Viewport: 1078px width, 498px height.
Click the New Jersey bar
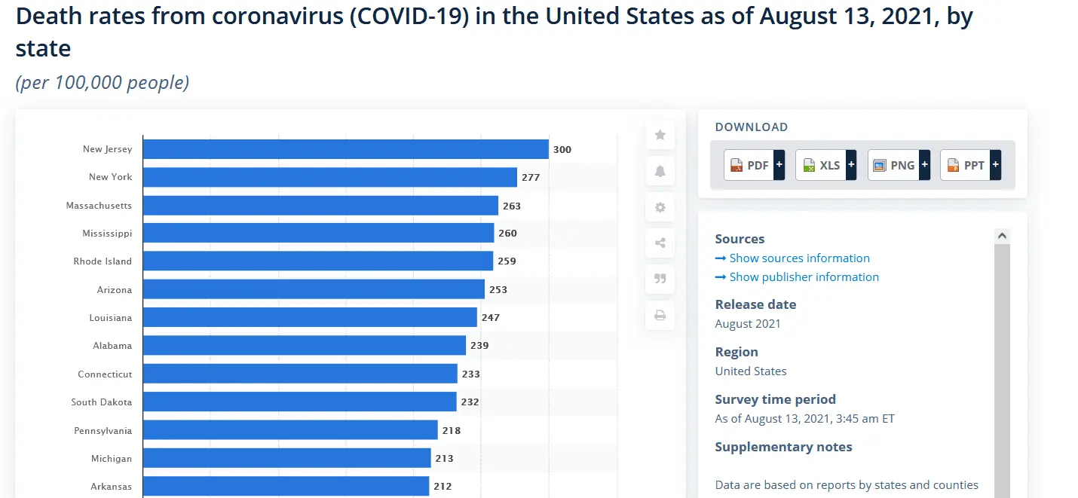coord(345,149)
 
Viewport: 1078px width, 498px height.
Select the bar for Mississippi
coord(319,233)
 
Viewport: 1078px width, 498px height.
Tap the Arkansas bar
coord(286,486)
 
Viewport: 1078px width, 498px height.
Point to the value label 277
coord(531,178)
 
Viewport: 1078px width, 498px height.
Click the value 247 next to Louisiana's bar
coord(491,318)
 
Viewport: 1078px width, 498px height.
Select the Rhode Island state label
coord(103,261)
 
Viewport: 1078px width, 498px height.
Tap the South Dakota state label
coord(102,402)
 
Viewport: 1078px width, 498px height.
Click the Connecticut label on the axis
coord(105,374)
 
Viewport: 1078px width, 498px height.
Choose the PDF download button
coord(754,165)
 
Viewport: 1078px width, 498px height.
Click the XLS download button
coord(825,165)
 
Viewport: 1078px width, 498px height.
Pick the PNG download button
coord(899,165)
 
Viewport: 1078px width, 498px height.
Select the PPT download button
coord(971,165)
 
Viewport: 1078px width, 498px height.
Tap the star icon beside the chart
coord(660,135)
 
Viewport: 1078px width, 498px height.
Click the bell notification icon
coord(660,171)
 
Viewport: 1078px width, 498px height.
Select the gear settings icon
coord(660,207)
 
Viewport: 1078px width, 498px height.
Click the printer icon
coord(660,315)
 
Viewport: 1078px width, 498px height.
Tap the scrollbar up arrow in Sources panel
coord(1003,235)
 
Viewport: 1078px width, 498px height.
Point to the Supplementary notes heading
coord(783,447)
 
